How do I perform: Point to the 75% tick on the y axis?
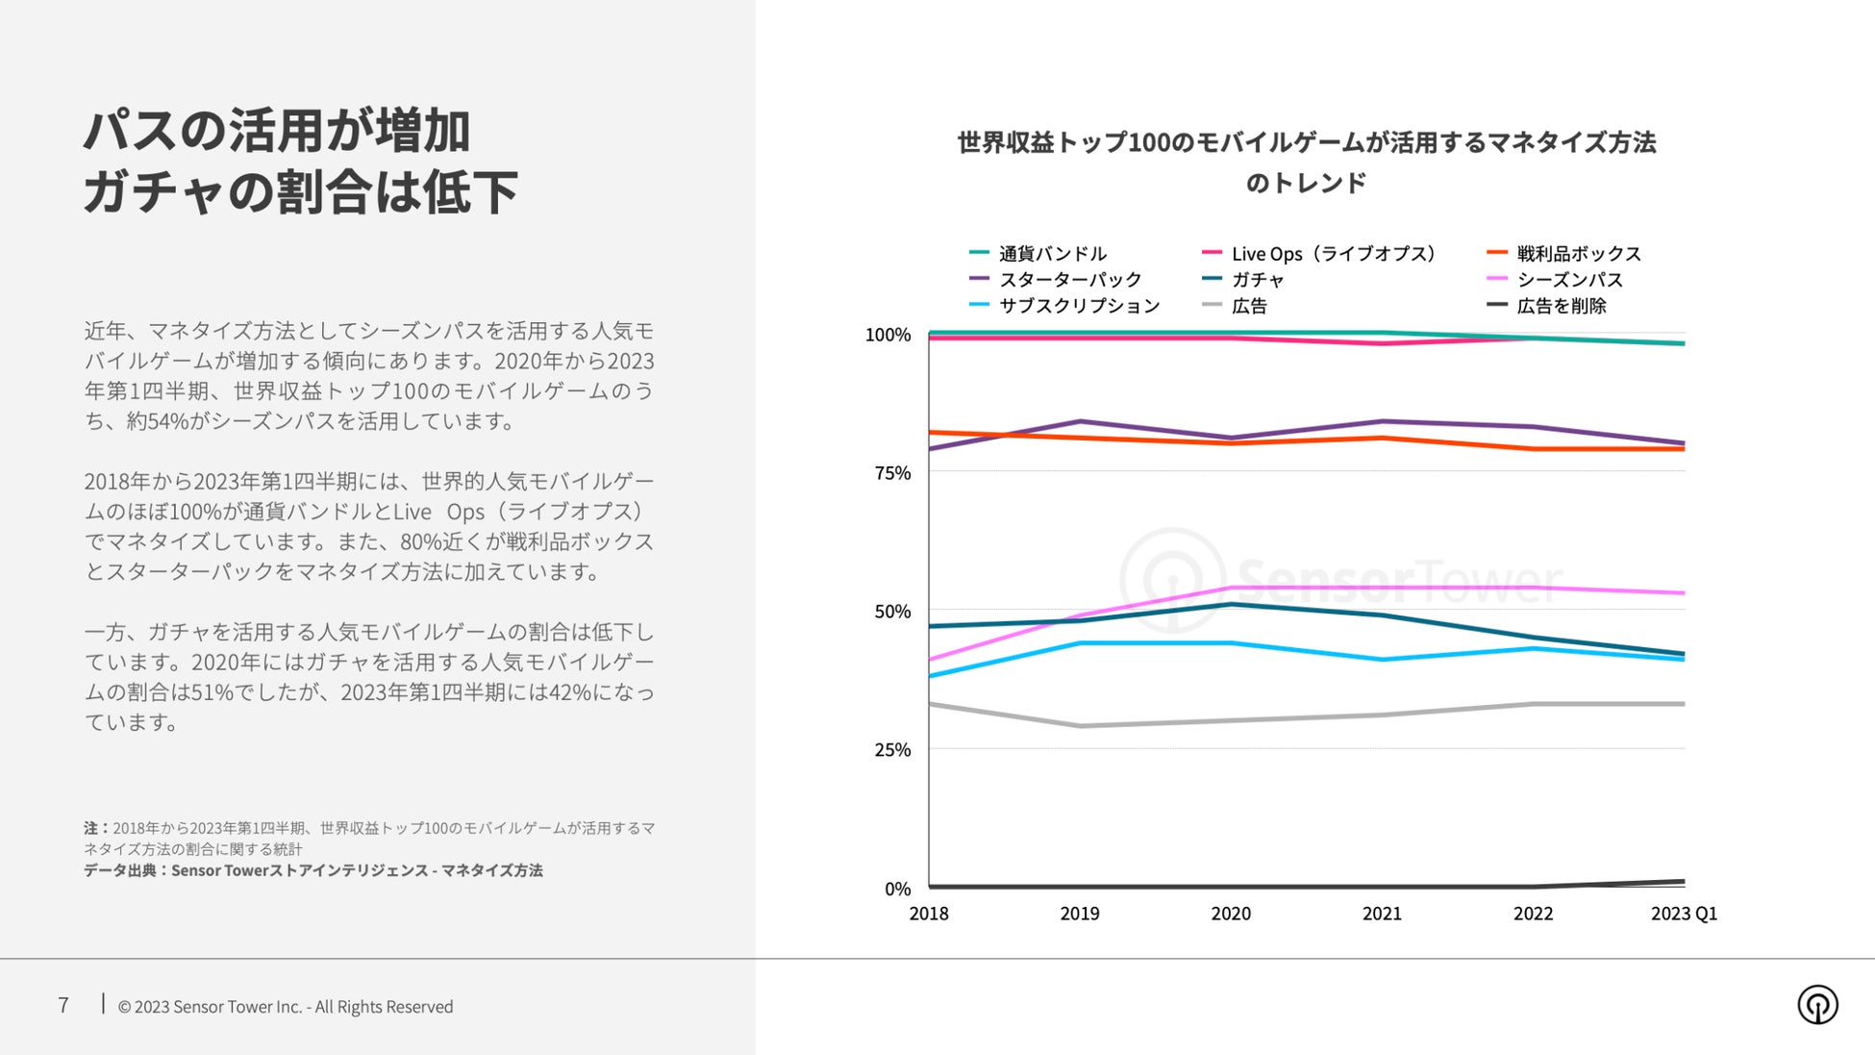click(x=892, y=473)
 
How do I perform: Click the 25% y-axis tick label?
click(x=892, y=750)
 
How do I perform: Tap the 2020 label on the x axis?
click(x=1231, y=914)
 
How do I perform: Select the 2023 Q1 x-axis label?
click(x=1684, y=914)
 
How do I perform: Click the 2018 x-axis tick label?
click(x=929, y=914)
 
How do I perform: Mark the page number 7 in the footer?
click(x=63, y=1006)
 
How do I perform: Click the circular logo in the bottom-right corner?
click(x=1817, y=1005)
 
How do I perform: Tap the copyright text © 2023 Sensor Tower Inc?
click(x=285, y=1007)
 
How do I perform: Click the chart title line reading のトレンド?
click(x=1306, y=183)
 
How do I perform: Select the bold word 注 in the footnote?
click(x=90, y=828)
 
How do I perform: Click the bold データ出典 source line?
click(x=312, y=870)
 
